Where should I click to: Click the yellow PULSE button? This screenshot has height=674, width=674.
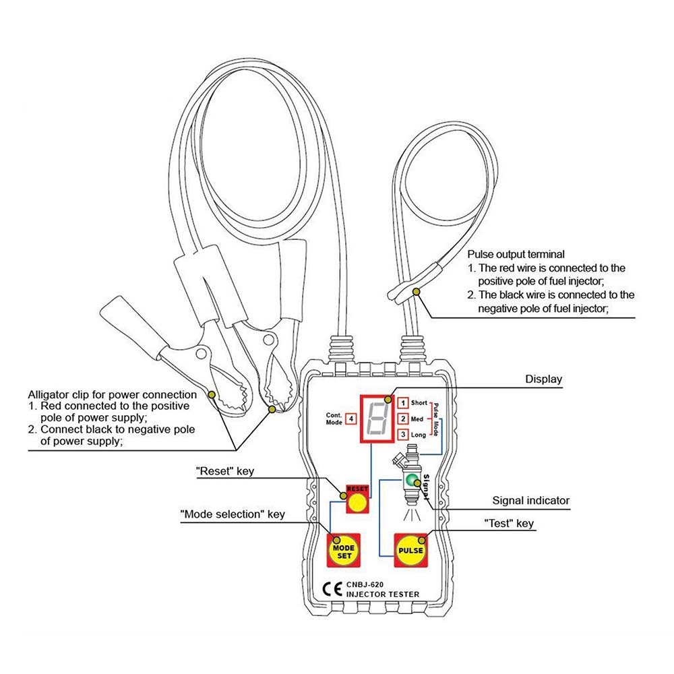(x=411, y=551)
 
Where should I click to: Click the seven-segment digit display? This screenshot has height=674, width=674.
(x=376, y=417)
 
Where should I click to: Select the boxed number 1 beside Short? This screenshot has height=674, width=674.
(x=402, y=403)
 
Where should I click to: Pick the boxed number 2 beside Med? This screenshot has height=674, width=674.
(x=402, y=419)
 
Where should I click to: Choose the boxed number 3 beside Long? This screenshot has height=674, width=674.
(x=402, y=435)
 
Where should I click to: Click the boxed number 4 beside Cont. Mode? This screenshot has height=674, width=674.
(x=351, y=419)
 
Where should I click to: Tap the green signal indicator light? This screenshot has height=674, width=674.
(x=410, y=480)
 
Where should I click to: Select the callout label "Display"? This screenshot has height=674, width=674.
(x=543, y=379)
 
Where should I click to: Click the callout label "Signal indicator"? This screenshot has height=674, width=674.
(x=530, y=501)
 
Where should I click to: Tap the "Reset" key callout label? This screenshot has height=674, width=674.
(x=225, y=471)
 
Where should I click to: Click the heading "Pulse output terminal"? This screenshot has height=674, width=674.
(x=516, y=255)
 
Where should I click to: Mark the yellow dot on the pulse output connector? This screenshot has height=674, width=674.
(x=417, y=291)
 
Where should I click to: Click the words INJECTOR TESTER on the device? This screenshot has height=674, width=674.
(x=383, y=594)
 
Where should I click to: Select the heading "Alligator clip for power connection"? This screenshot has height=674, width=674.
(x=112, y=394)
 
